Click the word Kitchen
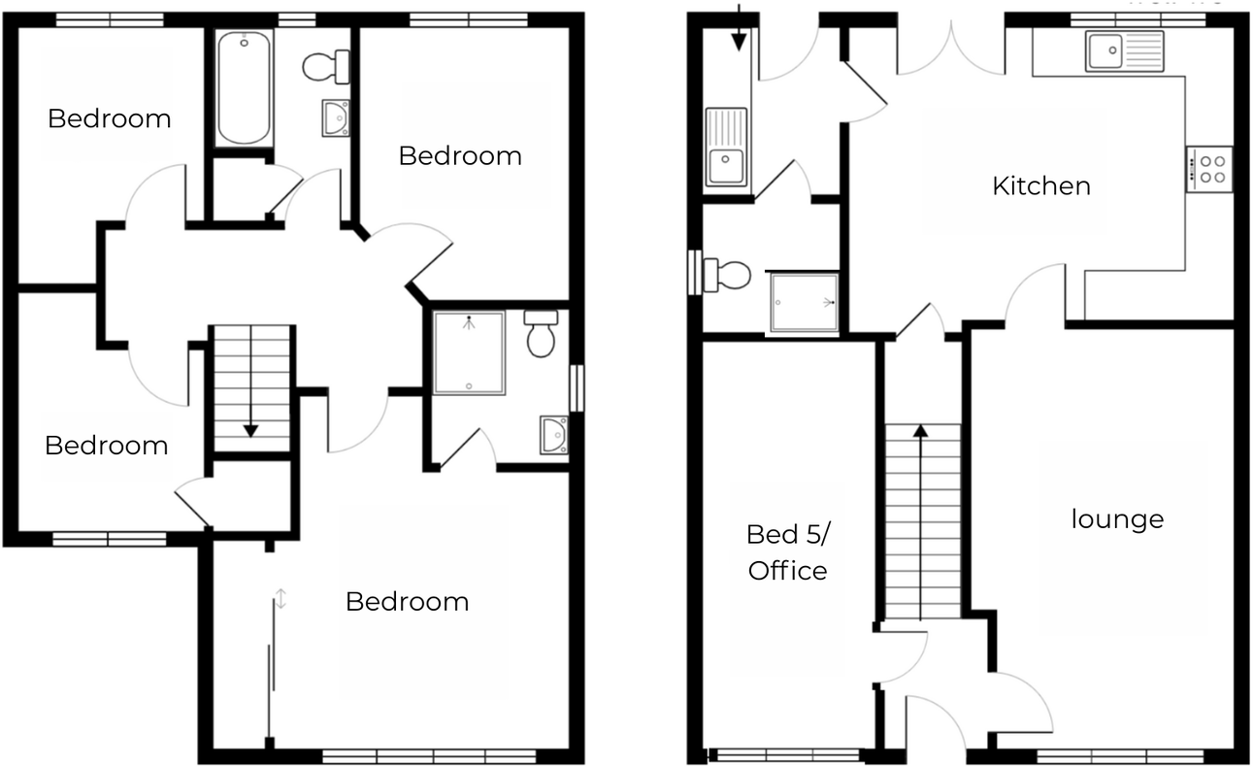coord(1040,185)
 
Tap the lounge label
coord(1117,519)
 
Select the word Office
coord(788,571)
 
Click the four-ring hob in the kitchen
coord(1209,168)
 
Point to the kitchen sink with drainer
coord(1125,50)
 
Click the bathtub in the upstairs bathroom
coord(243,87)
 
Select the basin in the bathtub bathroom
coord(336,118)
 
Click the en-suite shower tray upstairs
coord(469,351)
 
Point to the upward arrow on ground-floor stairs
coord(920,432)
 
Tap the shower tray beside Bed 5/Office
coord(802,303)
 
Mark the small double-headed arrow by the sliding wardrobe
coord(280,598)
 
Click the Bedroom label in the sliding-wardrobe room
coord(407,602)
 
